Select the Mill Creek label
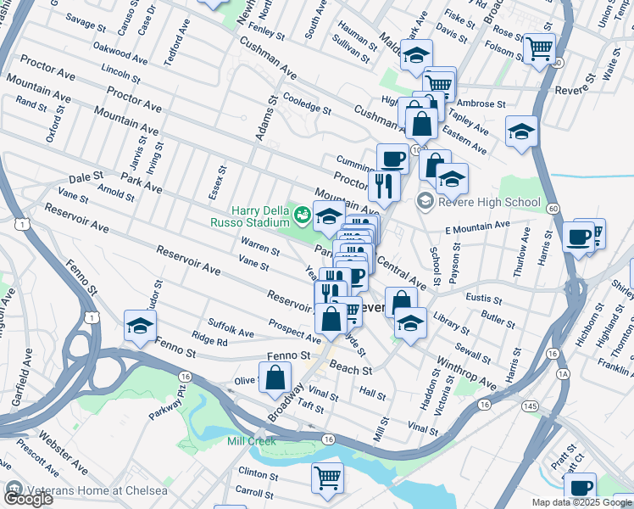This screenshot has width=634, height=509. (x=250, y=440)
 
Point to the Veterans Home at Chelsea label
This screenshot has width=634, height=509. (x=82, y=489)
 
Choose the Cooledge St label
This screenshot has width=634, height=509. (x=307, y=103)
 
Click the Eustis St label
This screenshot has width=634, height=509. (x=483, y=299)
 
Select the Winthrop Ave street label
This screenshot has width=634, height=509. (x=465, y=372)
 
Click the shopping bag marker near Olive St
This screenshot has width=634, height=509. (x=275, y=378)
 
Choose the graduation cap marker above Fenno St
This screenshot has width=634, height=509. (x=141, y=326)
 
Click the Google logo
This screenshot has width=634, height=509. (x=28, y=499)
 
